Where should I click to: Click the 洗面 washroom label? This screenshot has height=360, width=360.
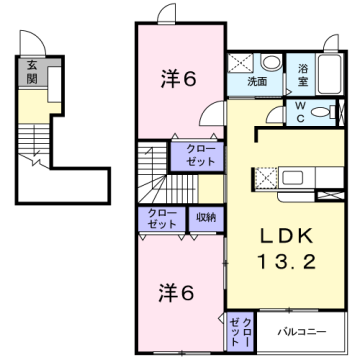click(258, 82)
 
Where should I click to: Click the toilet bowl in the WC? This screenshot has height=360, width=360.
click(326, 110)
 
